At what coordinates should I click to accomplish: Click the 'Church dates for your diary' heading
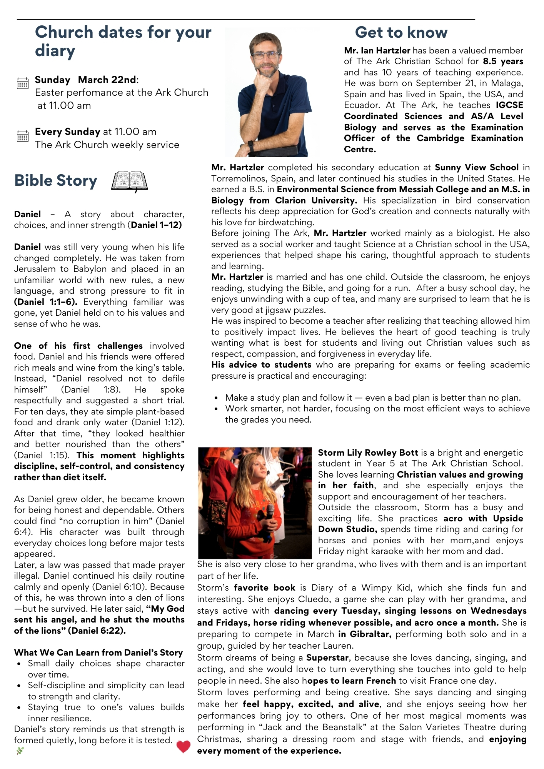(123, 41)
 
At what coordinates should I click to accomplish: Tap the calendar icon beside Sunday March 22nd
(23, 83)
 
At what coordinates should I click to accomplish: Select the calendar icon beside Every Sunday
(23, 136)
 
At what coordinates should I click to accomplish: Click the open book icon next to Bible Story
(129, 181)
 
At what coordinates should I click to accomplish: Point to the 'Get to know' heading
(401, 32)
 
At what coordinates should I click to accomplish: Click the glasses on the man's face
(265, 55)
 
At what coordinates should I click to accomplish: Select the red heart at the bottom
(184, 746)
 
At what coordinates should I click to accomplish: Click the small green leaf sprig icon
(20, 751)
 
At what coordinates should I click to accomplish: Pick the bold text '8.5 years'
(503, 62)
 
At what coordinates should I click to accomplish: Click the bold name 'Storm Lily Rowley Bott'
(368, 453)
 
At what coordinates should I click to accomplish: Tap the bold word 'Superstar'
(327, 658)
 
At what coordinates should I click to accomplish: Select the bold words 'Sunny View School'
(477, 168)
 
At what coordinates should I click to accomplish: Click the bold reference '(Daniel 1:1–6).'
(46, 302)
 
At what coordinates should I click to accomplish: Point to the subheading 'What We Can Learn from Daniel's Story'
(98, 652)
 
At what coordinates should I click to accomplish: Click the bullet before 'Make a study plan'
(217, 398)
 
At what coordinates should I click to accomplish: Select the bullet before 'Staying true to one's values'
(19, 707)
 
